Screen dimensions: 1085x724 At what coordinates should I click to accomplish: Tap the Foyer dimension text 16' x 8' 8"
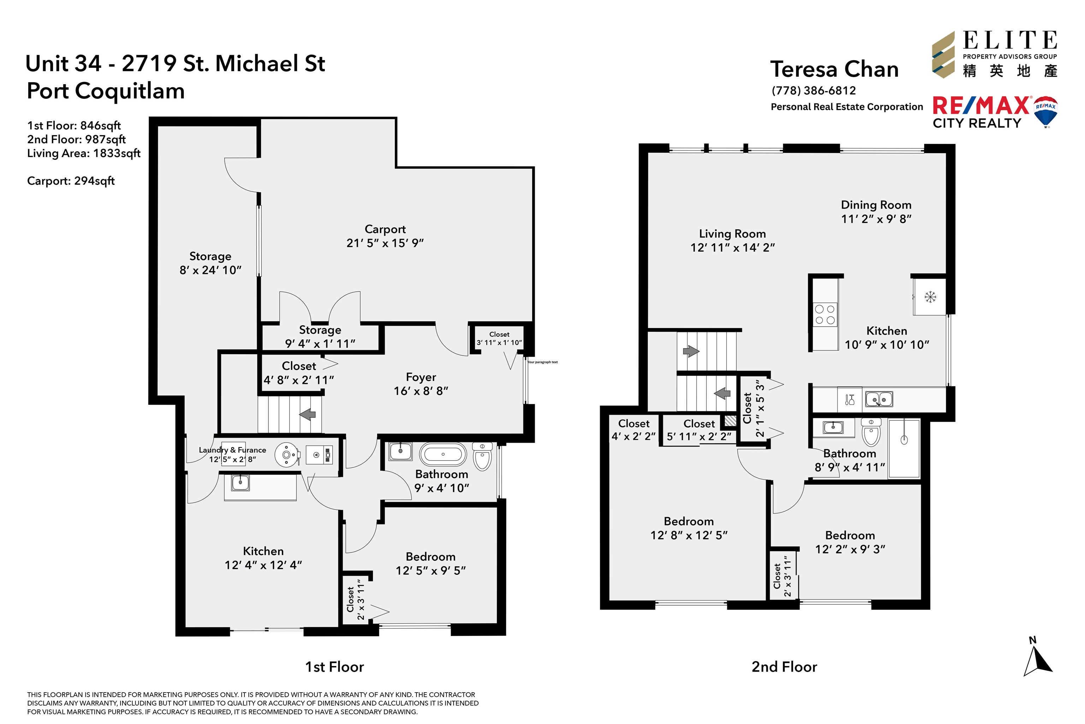pos(421,391)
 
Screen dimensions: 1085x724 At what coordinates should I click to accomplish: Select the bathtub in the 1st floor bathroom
pos(443,454)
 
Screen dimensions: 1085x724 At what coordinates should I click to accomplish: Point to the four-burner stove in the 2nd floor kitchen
pos(825,314)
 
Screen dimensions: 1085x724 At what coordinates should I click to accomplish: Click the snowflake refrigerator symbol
pos(930,297)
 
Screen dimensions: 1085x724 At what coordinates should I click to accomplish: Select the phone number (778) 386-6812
pos(814,90)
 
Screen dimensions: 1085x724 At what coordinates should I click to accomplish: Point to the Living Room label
pos(732,234)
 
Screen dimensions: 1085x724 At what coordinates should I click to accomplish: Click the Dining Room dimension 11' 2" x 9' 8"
pos(876,219)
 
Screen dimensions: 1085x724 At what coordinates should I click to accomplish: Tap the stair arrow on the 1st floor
pos(308,414)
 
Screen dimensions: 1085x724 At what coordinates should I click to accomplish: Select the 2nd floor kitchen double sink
pos(879,399)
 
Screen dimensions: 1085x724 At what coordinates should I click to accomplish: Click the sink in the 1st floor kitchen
pos(240,483)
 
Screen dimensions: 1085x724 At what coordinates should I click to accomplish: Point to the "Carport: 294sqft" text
pos(71,181)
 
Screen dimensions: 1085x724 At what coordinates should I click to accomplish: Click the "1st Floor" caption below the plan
pos(334,667)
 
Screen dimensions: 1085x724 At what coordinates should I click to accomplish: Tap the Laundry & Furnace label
pos(232,450)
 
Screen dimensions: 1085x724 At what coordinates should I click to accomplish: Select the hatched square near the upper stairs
pos(730,421)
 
